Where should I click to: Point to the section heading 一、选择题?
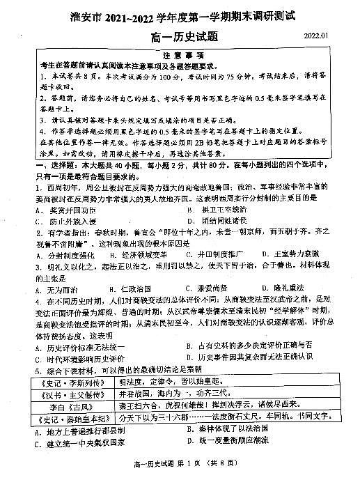[49, 166]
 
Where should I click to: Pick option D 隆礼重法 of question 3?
[286, 289]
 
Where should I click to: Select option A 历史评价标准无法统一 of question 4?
[76, 346]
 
